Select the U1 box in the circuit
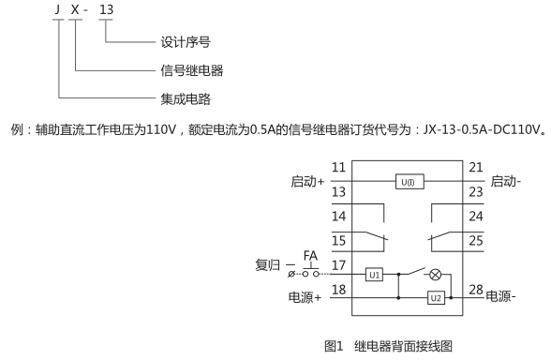373,277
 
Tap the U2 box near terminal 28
435,297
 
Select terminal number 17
339,265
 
